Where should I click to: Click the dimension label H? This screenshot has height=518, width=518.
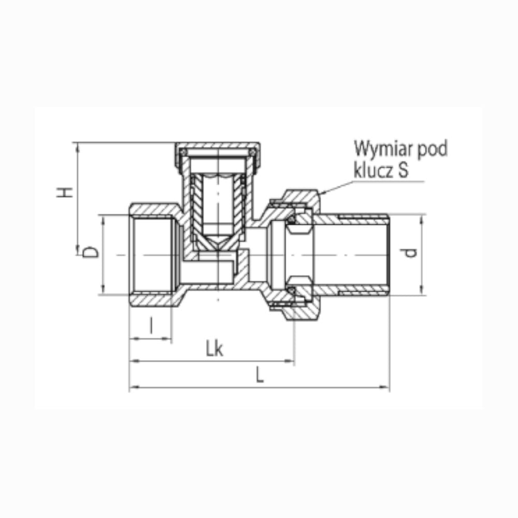[x=64, y=192]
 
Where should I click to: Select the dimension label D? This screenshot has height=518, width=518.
[x=90, y=252]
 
